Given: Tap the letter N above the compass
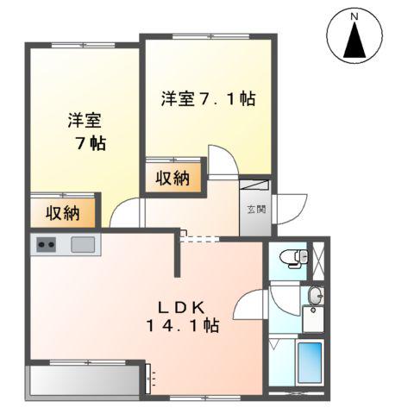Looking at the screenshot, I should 354,16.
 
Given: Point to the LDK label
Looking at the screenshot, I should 181,305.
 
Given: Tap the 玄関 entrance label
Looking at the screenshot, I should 257,209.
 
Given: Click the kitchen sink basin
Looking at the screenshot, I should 84,245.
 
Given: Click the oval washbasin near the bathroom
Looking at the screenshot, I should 314,298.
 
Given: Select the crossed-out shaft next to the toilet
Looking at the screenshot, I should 318,257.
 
